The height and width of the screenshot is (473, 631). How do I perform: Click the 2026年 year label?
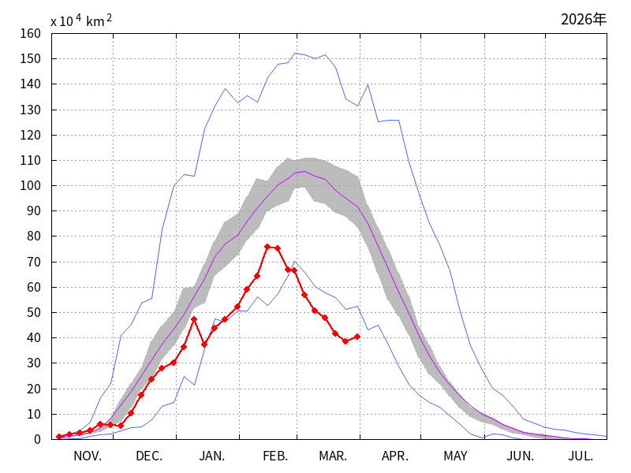584,19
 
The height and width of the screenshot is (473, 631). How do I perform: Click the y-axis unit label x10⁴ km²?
80,21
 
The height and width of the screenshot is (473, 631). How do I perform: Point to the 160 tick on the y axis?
32,34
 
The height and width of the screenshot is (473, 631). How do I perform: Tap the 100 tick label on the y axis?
32,186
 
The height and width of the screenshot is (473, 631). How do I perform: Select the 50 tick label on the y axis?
35,313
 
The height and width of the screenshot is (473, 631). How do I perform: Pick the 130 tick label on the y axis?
32,110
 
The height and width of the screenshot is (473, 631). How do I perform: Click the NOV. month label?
88,456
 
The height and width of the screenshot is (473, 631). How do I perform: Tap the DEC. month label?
149,456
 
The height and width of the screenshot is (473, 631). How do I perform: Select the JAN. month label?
211,456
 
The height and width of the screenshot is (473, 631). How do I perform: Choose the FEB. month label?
274,456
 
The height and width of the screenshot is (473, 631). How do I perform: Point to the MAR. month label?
333,456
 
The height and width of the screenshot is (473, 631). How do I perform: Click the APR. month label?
395,456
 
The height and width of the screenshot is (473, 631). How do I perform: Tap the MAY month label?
455,456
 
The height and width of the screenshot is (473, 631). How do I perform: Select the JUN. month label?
521,456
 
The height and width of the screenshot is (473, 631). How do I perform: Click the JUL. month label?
581,456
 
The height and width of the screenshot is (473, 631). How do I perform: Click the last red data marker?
357,337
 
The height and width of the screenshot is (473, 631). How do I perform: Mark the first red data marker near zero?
59,436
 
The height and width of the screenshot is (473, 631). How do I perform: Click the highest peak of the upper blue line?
295,54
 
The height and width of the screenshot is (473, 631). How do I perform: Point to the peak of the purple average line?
305,171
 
